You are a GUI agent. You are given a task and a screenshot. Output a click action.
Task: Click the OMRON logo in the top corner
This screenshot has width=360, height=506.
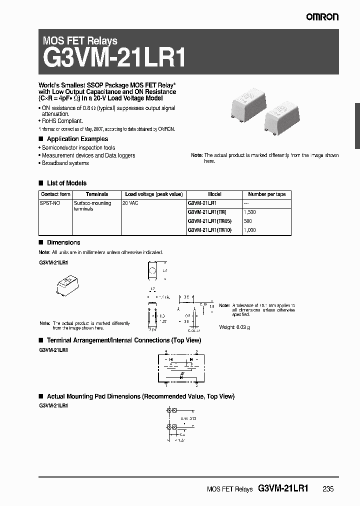pyautogui.click(x=322, y=17)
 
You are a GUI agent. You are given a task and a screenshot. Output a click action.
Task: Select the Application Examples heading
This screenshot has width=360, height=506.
pyautogui.click(x=77, y=139)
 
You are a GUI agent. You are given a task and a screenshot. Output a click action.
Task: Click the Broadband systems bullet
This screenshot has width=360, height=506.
pyautogui.click(x=65, y=163)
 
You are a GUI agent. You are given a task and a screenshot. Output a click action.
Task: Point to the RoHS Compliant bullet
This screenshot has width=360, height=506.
pyautogui.click(x=62, y=121)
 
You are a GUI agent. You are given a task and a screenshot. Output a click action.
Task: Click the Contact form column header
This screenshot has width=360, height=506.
pyautogui.click(x=55, y=194)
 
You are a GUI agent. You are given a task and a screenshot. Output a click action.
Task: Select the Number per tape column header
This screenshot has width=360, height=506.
pyautogui.click(x=266, y=194)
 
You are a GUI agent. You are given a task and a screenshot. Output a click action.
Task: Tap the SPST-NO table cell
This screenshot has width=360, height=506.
pyautogui.click(x=50, y=203)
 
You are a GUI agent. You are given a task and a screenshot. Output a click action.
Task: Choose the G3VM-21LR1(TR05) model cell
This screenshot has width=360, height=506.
pyautogui.click(x=210, y=221)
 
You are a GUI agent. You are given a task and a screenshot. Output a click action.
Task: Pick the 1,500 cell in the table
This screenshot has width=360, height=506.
pyautogui.click(x=250, y=212)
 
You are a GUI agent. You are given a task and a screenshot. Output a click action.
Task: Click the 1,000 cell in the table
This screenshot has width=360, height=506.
pyautogui.click(x=250, y=230)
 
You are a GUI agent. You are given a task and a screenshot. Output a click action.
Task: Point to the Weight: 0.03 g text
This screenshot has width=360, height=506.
pyautogui.click(x=235, y=327)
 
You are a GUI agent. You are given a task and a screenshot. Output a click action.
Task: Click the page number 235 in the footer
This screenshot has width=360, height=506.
pyautogui.click(x=327, y=489)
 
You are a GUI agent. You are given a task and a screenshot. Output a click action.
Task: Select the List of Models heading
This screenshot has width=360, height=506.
pyautogui.click(x=66, y=183)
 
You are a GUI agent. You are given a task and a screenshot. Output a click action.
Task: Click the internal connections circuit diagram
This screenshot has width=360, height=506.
pyautogui.click(x=181, y=368)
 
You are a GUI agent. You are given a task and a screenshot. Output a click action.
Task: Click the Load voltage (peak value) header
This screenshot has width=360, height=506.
pyautogui.click(x=153, y=194)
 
